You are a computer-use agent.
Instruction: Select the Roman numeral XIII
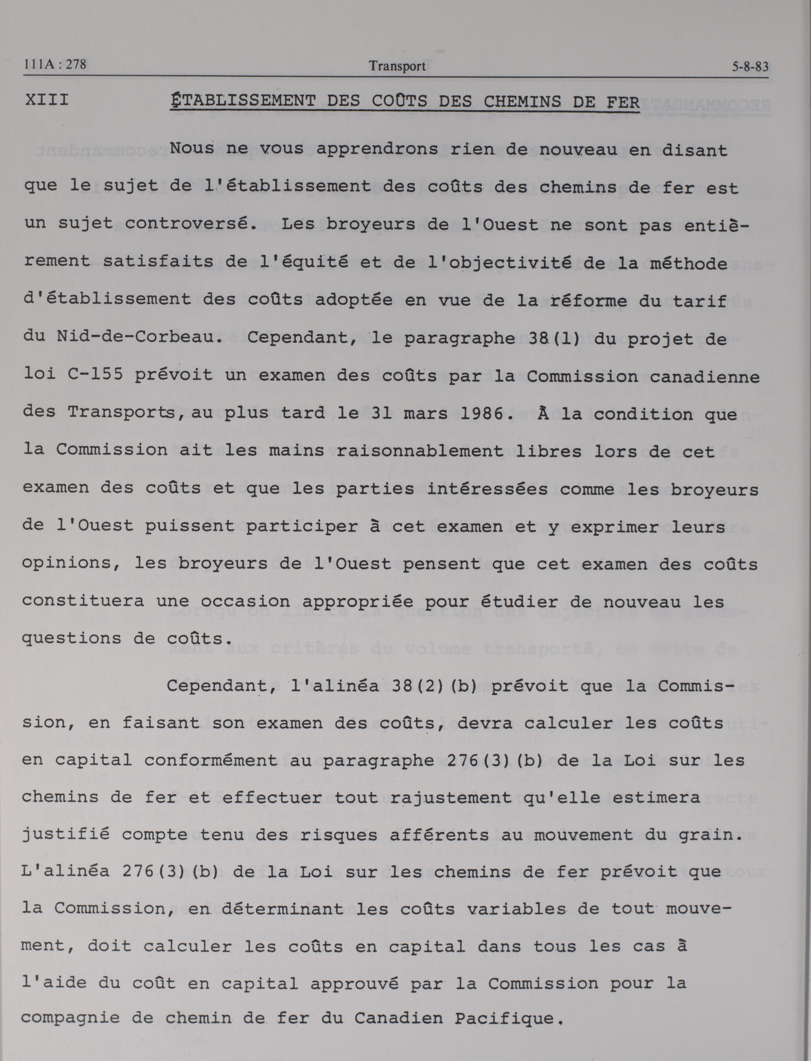[x=46, y=100]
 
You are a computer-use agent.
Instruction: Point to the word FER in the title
[x=622, y=102]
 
